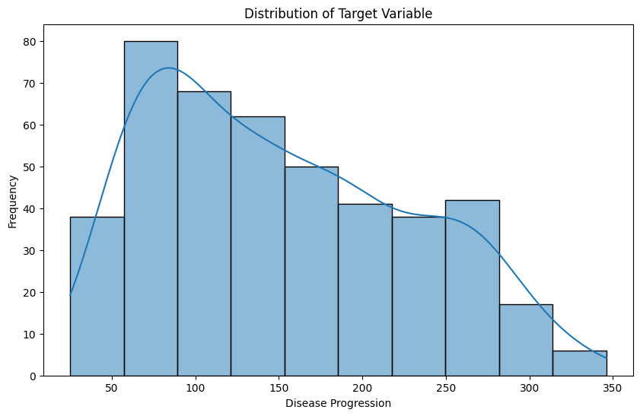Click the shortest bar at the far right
tap(580, 364)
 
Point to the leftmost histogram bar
tap(97, 297)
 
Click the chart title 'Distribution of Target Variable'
tap(338, 13)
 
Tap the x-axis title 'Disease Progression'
tap(338, 403)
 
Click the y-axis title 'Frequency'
tap(13, 201)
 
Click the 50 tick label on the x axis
tap(112, 387)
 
